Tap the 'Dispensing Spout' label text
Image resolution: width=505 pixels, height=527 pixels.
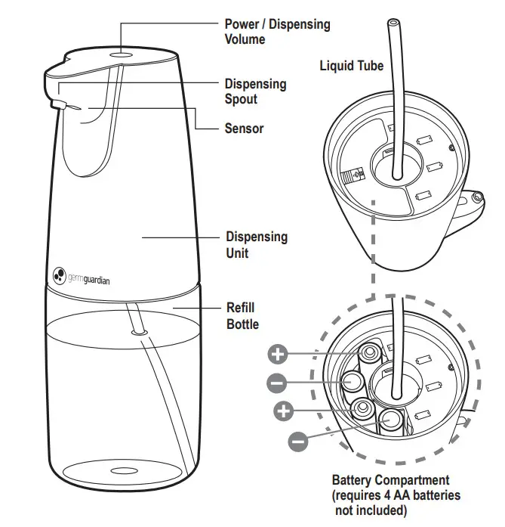(255, 91)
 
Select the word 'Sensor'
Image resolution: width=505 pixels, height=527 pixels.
(244, 129)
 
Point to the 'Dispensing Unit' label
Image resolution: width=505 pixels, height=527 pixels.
(257, 243)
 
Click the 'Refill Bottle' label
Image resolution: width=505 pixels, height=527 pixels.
(242, 316)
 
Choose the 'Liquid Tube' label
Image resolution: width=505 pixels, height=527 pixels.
(351, 66)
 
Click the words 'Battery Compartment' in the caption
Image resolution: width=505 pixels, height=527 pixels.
(390, 480)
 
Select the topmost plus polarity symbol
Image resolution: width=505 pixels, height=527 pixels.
(279, 353)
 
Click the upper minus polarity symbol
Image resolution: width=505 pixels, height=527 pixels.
(277, 383)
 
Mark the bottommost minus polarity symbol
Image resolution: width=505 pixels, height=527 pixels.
(299, 439)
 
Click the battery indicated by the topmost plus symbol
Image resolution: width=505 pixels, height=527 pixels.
(371, 354)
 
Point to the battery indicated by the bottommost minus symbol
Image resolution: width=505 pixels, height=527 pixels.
(390, 420)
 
